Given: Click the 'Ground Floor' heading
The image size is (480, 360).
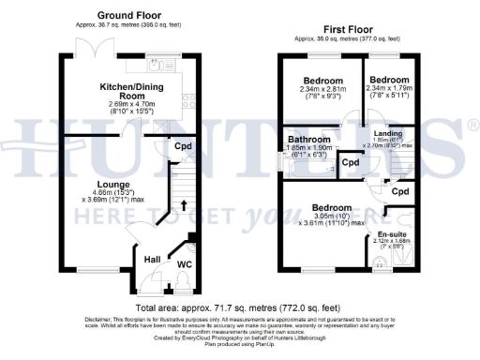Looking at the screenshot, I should pos(129,16).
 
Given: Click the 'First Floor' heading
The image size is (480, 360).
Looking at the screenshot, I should pos(339,30).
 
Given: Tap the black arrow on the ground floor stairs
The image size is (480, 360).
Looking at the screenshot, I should pos(183,202).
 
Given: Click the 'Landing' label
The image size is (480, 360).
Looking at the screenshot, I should pos(387,133).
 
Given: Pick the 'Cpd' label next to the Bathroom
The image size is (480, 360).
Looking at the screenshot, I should pos(351,162).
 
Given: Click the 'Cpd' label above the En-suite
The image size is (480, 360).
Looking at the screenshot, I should pos(399,191).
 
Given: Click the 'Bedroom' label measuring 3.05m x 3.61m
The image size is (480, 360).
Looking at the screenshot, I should pos(332,207).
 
